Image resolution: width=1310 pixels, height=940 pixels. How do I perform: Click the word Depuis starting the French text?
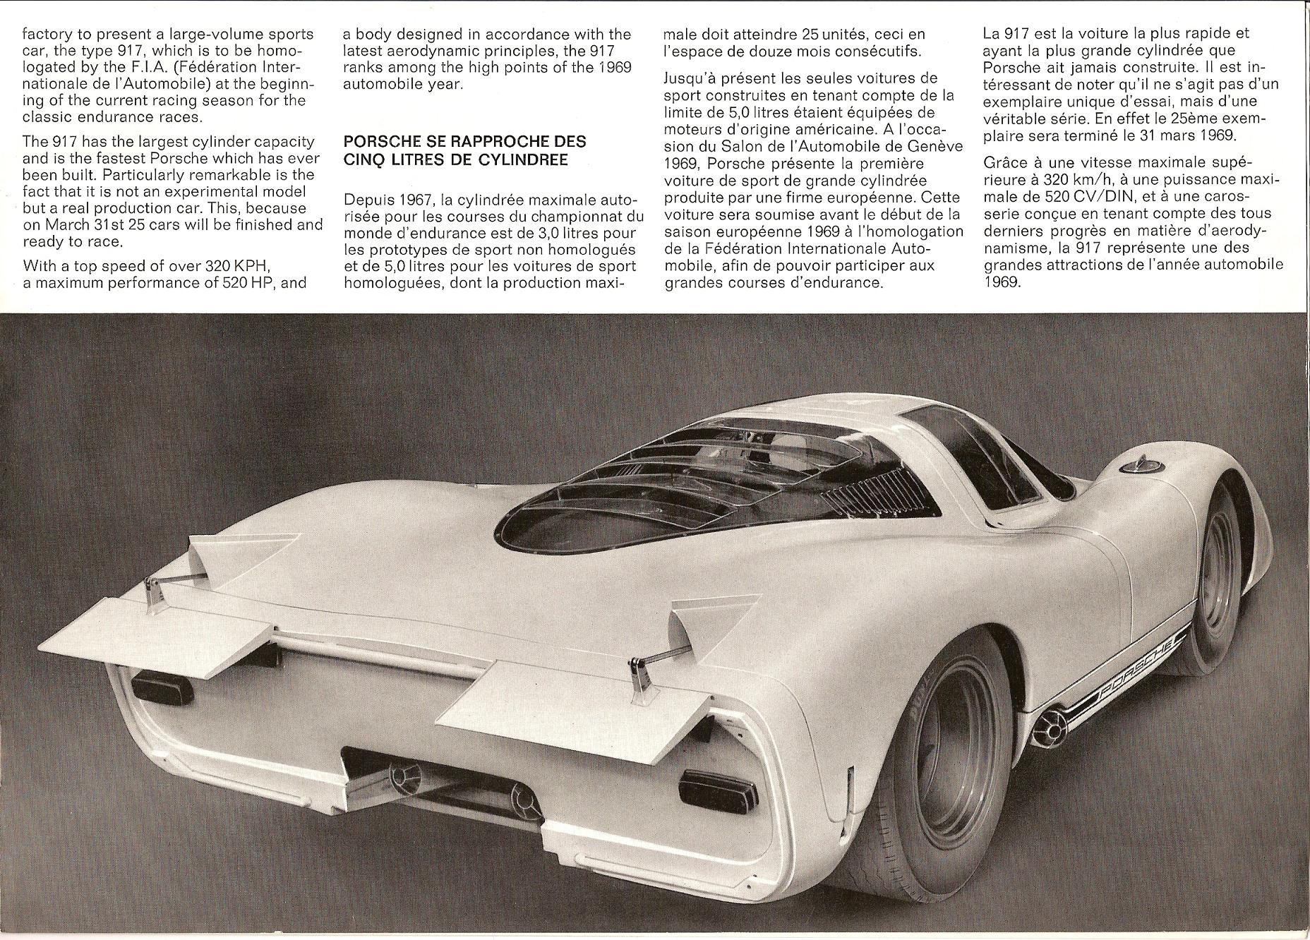click(366, 199)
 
